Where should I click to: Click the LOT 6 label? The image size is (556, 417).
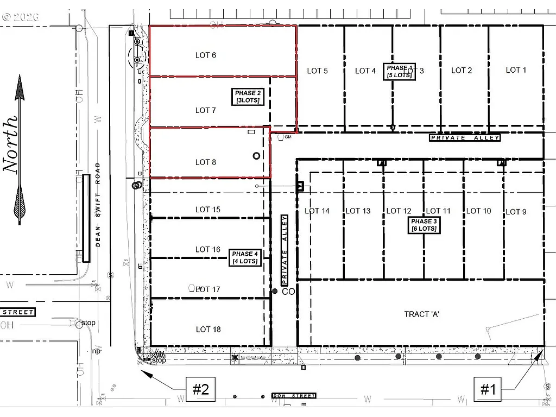(206, 55)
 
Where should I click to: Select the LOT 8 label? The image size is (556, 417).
(206, 162)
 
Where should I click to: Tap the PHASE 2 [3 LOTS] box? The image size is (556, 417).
(248, 97)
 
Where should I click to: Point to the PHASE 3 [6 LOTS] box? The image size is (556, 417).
(424, 225)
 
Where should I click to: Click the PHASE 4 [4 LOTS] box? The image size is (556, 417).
(245, 257)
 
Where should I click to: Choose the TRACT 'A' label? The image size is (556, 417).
(421, 314)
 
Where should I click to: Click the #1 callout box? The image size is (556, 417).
(488, 389)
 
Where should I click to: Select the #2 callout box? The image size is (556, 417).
(200, 389)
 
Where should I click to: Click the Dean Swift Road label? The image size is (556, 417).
(98, 205)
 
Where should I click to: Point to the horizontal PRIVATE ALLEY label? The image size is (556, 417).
(465, 138)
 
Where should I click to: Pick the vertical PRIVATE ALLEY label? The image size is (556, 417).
(284, 250)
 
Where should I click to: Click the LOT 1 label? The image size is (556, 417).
(516, 70)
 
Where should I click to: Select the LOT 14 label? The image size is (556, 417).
(317, 211)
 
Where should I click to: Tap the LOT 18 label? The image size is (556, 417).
(208, 330)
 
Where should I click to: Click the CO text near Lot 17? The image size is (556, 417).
(288, 292)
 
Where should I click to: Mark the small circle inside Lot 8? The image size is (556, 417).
(256, 156)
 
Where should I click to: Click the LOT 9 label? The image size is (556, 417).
(515, 212)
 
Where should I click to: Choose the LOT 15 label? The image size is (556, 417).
(208, 210)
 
